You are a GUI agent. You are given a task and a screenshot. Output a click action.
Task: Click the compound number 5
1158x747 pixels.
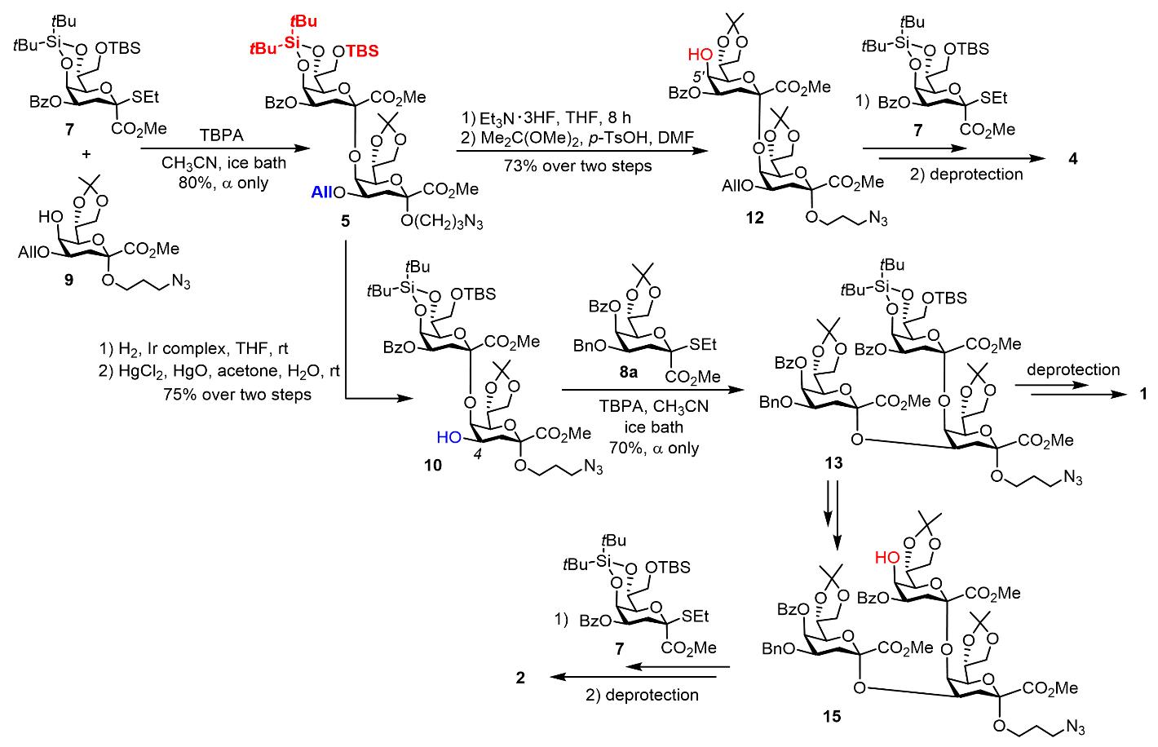click(345, 221)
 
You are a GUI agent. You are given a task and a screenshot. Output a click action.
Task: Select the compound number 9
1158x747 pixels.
click(69, 280)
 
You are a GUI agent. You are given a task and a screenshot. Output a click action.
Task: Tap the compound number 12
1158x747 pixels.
click(754, 218)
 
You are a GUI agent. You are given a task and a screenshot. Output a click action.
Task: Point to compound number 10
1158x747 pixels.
click(433, 466)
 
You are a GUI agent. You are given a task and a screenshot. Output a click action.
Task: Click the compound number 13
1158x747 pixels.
click(833, 462)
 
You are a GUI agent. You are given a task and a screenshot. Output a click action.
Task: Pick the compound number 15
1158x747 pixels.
click(832, 716)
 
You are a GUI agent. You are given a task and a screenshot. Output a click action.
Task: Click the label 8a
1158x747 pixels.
click(628, 371)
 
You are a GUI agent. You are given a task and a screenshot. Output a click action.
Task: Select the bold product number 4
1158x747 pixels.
click(1072, 158)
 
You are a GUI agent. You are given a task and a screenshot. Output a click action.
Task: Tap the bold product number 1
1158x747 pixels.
click(1143, 394)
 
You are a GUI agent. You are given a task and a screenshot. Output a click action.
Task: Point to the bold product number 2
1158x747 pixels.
click(520, 677)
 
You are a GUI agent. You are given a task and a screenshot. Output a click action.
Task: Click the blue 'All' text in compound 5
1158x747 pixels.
click(322, 192)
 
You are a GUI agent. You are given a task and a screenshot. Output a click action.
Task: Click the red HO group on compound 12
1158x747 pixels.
click(700, 54)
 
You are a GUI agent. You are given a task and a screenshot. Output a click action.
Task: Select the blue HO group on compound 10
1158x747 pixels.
click(449, 437)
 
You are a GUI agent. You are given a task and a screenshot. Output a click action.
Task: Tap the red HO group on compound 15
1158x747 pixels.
click(887, 557)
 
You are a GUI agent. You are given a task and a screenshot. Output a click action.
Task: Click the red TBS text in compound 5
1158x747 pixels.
click(362, 51)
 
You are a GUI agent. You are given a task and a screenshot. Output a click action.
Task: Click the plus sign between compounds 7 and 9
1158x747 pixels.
click(86, 153)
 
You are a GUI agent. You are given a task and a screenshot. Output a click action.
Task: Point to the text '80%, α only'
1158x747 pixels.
click(223, 183)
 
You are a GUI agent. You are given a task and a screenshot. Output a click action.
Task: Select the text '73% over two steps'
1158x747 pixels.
click(577, 166)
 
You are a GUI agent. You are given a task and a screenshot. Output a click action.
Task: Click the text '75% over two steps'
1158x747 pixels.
click(237, 395)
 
